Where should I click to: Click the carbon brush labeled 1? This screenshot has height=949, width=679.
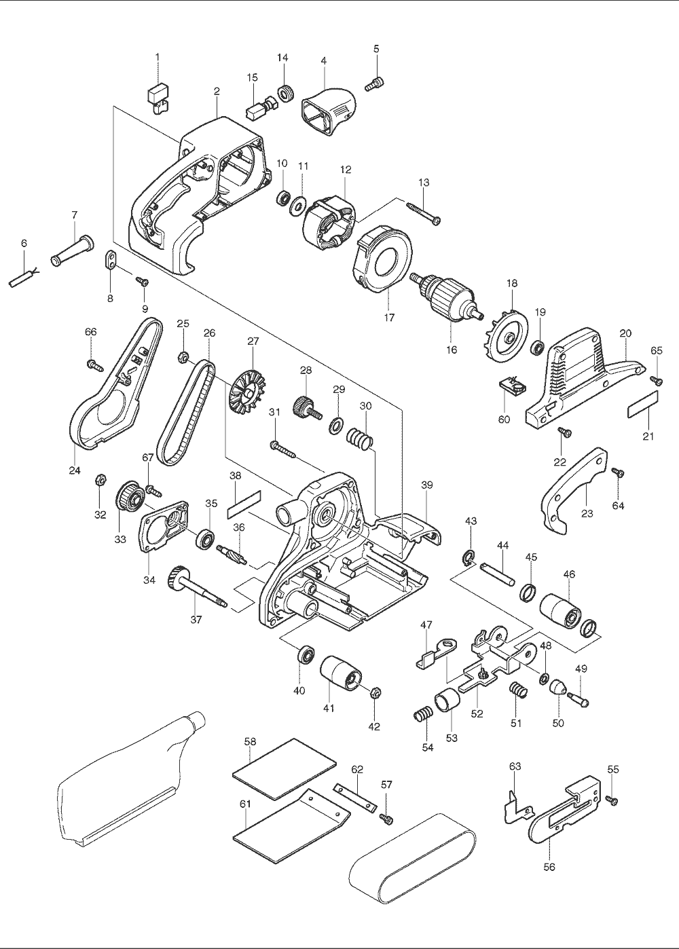tap(158, 95)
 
